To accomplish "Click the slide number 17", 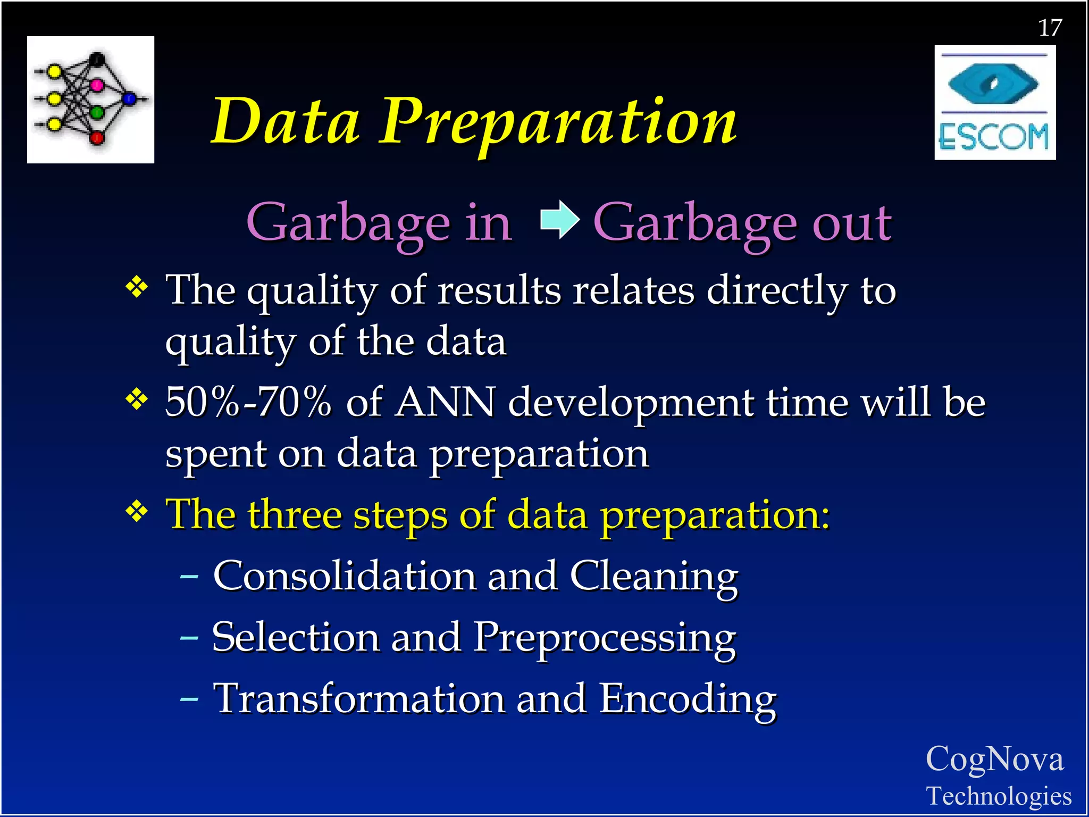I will [x=1050, y=28].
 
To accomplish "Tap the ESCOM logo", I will [x=994, y=103].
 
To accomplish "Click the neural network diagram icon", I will [x=90, y=99].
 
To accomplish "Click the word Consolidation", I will [x=344, y=576].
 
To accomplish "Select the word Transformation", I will [x=359, y=698].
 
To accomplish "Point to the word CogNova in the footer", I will [x=994, y=759].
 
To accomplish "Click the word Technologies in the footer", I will [x=999, y=796].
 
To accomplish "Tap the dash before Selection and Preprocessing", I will [x=189, y=637].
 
